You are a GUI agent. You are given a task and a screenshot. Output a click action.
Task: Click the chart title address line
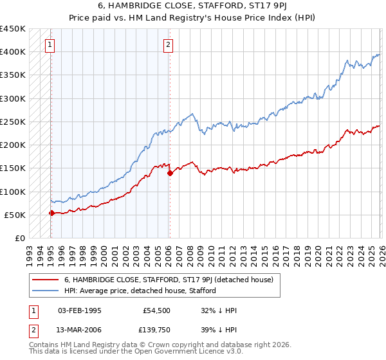tap(193, 6)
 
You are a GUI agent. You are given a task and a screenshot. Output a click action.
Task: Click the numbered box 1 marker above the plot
tap(50, 45)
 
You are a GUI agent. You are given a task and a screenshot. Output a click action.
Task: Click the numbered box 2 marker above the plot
tap(168, 45)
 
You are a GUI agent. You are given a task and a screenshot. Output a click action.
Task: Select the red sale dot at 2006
tap(170, 173)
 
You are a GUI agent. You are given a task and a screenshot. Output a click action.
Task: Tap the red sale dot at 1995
tap(51, 213)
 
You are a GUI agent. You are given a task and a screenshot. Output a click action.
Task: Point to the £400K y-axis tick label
tap(13, 52)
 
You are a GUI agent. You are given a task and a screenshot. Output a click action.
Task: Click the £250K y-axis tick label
tap(13, 122)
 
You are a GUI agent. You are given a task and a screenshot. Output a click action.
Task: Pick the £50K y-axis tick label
tap(15, 215)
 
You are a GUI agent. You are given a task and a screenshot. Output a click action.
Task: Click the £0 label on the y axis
tap(20, 238)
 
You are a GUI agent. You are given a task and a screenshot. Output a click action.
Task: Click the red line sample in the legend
tap(46, 280)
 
